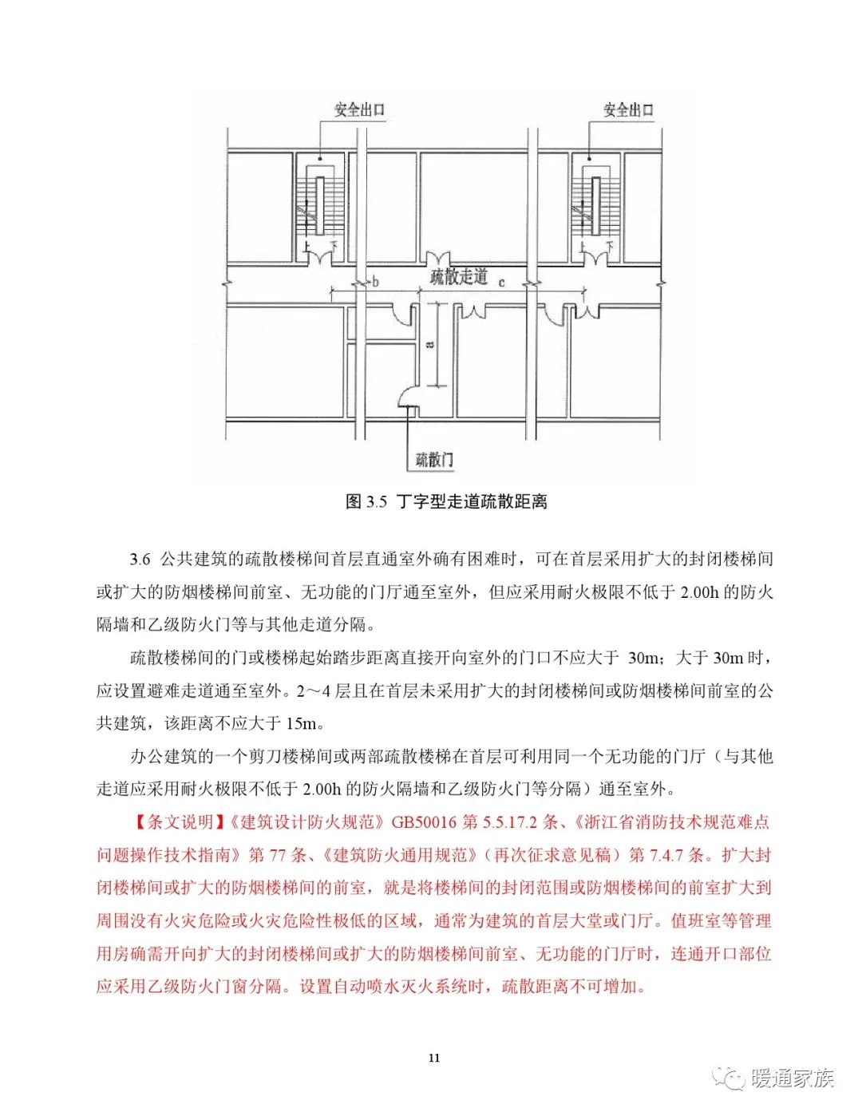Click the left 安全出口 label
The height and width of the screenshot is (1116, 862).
point(359,110)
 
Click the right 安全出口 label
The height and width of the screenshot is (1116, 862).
point(628,110)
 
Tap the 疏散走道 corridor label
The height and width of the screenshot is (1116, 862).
point(459,277)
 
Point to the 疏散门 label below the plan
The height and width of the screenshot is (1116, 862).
point(434,460)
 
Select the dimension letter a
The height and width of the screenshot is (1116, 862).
point(430,344)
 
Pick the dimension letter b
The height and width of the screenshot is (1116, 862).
point(375,282)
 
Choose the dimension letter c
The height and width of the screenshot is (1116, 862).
point(502,282)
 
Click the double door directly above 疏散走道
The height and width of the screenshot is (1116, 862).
point(438,260)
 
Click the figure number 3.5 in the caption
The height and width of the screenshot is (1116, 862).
point(377,502)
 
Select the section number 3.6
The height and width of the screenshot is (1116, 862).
point(140,559)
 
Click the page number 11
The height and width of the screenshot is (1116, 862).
point(433,1059)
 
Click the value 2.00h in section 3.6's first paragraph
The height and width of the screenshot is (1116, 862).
point(700,592)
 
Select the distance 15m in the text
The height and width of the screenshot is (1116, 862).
point(301,723)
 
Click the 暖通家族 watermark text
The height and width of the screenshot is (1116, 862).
point(792,1078)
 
